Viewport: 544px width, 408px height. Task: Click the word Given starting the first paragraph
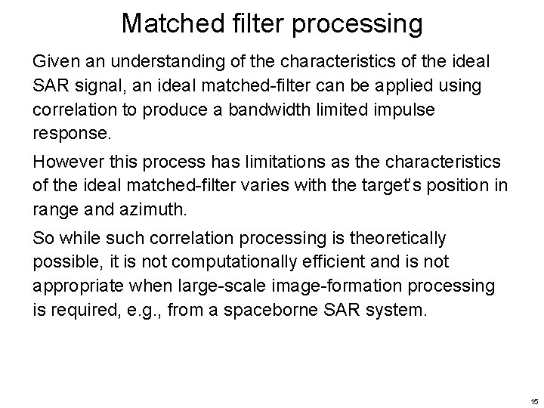click(54, 60)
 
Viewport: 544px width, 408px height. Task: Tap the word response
click(70, 134)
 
